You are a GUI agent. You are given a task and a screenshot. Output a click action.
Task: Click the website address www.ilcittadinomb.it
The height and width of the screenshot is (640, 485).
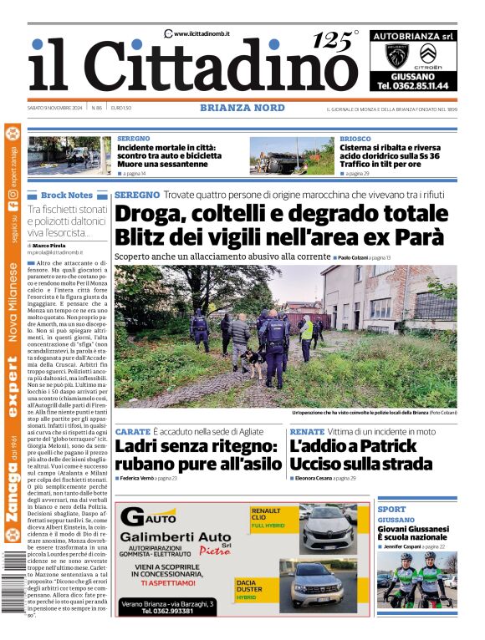coord(202,33)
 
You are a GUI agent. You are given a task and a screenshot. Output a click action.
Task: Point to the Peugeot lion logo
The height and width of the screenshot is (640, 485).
coord(396,56)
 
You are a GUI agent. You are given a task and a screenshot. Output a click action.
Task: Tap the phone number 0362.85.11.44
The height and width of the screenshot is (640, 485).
coord(412,85)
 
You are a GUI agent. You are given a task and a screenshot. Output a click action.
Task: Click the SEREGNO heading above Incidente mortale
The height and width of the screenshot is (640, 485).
coord(134,139)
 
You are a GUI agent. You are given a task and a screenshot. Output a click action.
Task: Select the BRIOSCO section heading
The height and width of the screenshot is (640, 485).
coord(355,139)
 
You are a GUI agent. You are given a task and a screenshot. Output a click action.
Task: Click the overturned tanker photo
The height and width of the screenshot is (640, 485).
coord(291,155)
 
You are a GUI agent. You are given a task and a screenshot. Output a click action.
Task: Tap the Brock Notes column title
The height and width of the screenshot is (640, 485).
coord(66,195)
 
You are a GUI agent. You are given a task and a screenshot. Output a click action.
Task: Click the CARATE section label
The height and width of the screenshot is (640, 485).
coord(132,431)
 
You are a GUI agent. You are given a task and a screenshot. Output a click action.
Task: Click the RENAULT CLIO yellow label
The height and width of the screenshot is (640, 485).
coord(266,514)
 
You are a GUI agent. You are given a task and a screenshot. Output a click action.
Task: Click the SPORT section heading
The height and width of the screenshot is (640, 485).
coord(391,509)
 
